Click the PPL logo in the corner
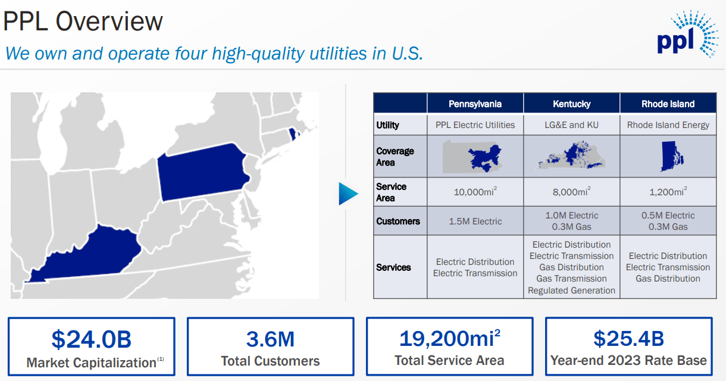point(687,34)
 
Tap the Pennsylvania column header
point(475,104)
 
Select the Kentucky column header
point(571,104)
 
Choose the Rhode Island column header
point(668,104)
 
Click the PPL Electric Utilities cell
point(475,125)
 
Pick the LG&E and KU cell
point(571,125)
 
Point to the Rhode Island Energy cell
point(668,125)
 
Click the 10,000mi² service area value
point(475,191)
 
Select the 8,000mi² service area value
point(571,191)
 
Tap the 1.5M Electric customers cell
point(475,221)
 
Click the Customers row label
point(398,221)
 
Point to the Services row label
point(393,267)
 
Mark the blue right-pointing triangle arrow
point(348,193)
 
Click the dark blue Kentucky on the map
point(87,256)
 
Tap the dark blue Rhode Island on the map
point(293,134)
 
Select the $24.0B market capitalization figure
point(92,339)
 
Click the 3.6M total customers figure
point(270,339)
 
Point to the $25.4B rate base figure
point(629,339)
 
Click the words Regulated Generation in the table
point(571,290)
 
